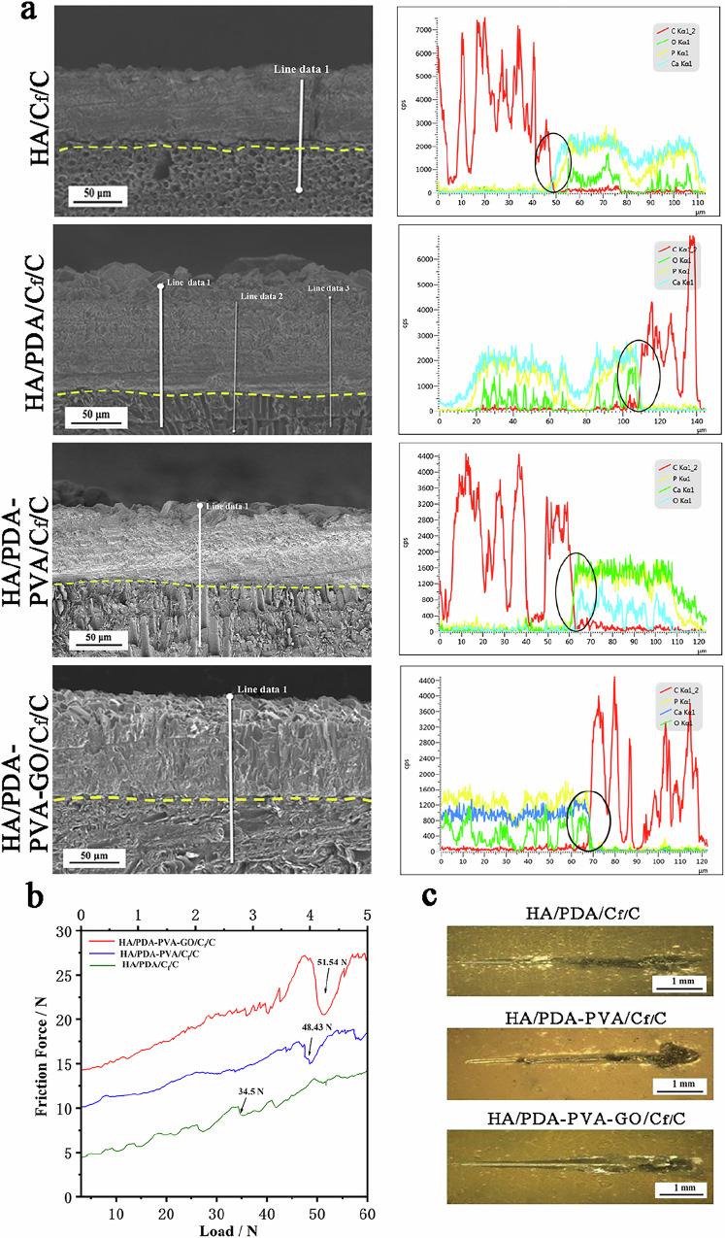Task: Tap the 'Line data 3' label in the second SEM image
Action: click(327, 287)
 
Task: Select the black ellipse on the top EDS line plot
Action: click(552, 163)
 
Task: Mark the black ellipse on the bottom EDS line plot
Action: click(587, 821)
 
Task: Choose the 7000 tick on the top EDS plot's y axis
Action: click(427, 29)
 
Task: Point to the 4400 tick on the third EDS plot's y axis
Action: click(426, 456)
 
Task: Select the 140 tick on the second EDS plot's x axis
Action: click(697, 418)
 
